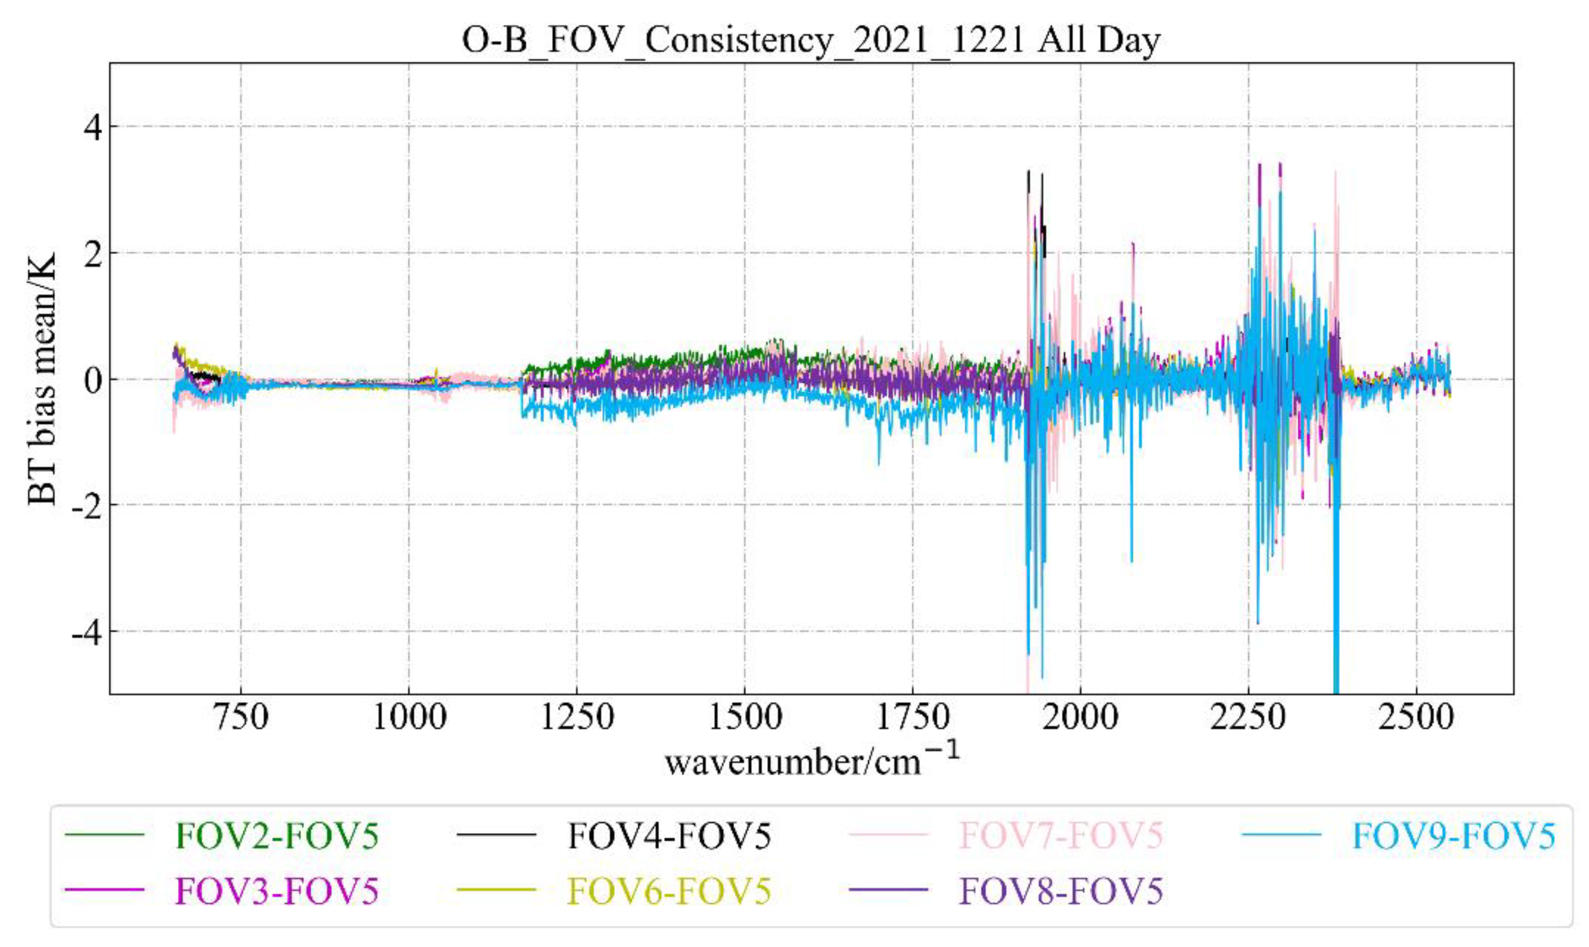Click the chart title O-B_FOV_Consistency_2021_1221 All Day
[x=810, y=41]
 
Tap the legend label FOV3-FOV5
[x=277, y=891]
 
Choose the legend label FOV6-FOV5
[x=669, y=891]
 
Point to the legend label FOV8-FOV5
[x=1061, y=891]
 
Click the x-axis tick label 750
[x=241, y=717]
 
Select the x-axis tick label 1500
[x=744, y=717]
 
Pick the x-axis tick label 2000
[x=1080, y=717]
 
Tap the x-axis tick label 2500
[x=1416, y=717]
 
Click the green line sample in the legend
[x=105, y=835]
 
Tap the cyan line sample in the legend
[x=1281, y=835]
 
